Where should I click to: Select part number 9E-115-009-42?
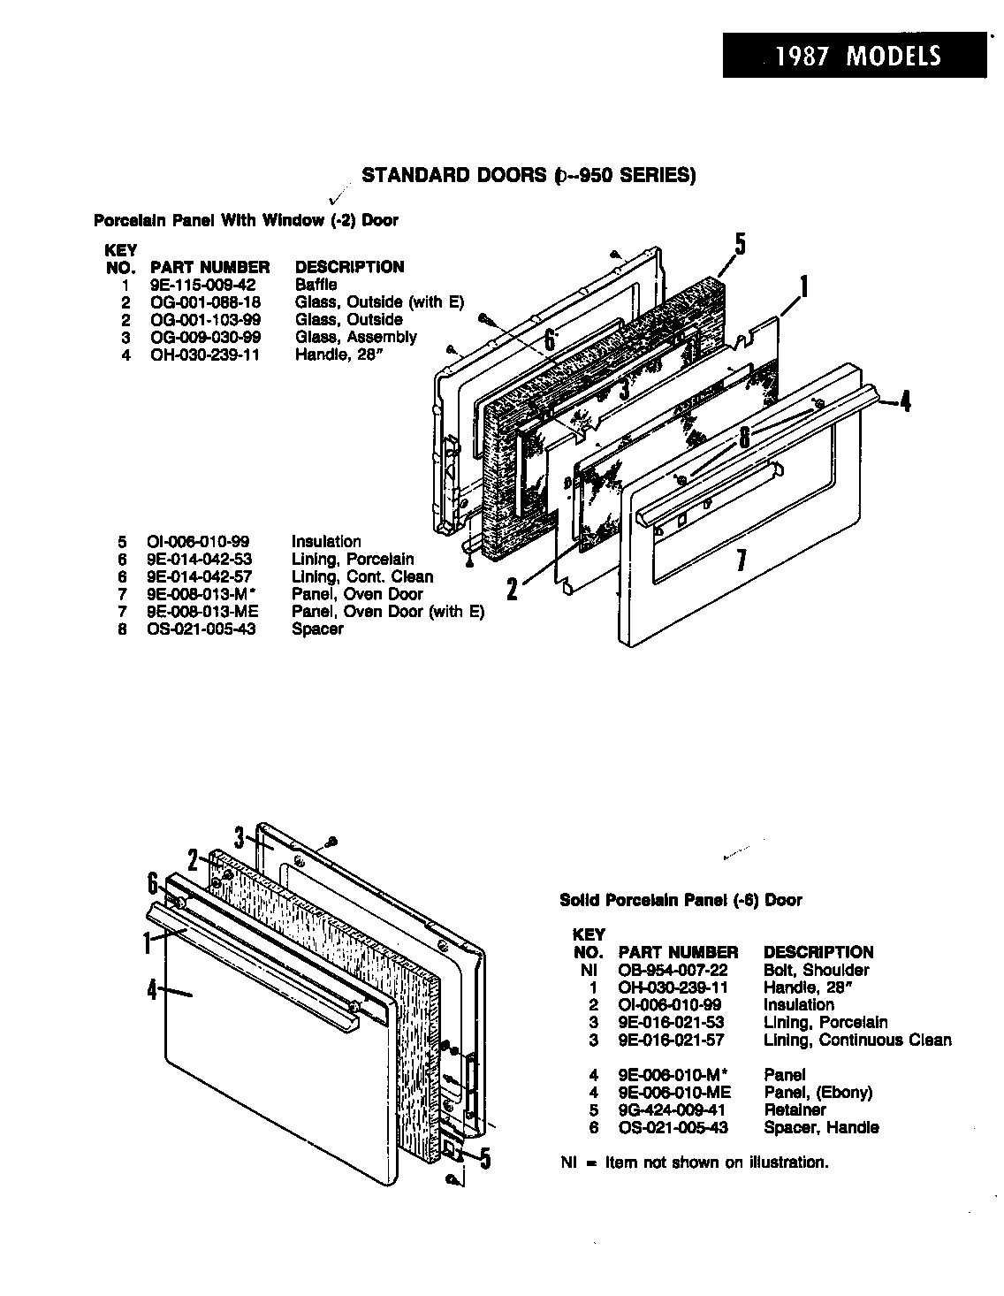click(x=202, y=285)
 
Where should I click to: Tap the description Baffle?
click(x=316, y=285)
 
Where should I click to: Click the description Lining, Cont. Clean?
click(x=362, y=576)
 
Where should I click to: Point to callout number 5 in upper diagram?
click(x=741, y=245)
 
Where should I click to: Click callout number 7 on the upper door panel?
click(x=742, y=560)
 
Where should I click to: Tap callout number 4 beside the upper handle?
click(x=904, y=402)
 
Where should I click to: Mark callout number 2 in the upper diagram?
click(x=512, y=586)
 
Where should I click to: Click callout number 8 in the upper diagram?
click(x=744, y=436)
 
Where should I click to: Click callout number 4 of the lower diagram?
click(x=152, y=989)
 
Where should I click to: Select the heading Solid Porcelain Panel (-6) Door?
click(x=681, y=900)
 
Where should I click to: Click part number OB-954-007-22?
click(x=673, y=970)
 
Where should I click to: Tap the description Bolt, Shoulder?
click(x=815, y=970)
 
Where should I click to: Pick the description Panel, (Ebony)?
click(x=817, y=1092)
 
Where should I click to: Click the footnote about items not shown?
click(x=695, y=1163)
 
